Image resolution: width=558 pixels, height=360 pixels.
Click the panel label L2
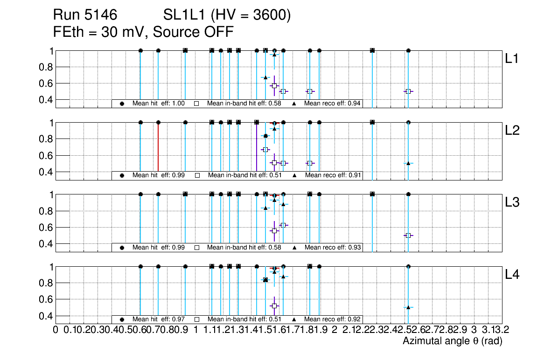(512, 131)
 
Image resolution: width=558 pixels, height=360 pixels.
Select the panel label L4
(512, 275)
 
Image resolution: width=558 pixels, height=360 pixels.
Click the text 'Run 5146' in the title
(85, 15)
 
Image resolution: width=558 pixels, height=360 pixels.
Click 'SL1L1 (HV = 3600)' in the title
(227, 15)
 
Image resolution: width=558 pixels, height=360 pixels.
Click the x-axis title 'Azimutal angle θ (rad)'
(452, 341)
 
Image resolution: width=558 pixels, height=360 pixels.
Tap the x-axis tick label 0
(56, 330)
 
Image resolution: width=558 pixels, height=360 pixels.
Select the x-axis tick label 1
(195, 330)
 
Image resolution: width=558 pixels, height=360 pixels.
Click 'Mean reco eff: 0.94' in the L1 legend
(332, 104)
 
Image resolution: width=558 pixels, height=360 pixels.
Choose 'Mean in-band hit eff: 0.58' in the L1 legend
(244, 104)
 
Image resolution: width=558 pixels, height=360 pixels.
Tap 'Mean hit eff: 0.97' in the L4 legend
(159, 319)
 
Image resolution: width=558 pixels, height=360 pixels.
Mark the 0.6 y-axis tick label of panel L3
(44, 228)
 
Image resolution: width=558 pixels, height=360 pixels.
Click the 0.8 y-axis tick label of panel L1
(44, 67)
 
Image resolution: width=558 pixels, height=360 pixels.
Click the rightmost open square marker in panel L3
(408, 235)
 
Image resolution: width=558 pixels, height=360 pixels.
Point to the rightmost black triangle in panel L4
(408, 307)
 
